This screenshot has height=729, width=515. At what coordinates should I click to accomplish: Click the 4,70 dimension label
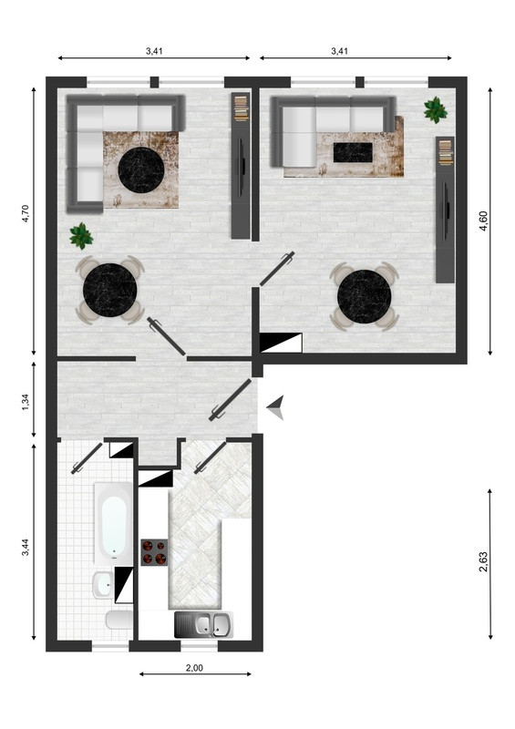26,213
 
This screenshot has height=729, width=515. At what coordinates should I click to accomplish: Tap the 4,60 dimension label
483,221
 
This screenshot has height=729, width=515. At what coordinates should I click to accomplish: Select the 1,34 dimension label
26,402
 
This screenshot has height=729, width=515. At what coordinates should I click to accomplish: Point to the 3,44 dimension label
26,547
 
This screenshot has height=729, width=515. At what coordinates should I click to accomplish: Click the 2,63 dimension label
483,561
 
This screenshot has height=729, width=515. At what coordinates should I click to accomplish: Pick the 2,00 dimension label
194,668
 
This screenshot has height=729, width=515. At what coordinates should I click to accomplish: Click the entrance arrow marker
275,407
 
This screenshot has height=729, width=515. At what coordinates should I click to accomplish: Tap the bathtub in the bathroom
114,523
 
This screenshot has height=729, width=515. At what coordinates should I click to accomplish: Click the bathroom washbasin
102,585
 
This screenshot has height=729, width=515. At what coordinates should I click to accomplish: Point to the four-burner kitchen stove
154,552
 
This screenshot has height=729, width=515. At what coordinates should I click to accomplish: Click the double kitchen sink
203,624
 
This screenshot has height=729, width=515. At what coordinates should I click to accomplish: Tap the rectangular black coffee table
353,152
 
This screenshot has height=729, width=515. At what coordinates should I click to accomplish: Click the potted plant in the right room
436,109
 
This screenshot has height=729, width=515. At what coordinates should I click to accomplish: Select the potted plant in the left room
81,236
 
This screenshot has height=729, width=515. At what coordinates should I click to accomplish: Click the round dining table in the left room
109,290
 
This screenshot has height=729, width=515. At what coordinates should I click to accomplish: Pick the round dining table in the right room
365,295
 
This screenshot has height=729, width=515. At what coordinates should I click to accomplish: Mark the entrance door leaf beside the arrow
231,400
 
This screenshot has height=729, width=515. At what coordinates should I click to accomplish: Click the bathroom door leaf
87,458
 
